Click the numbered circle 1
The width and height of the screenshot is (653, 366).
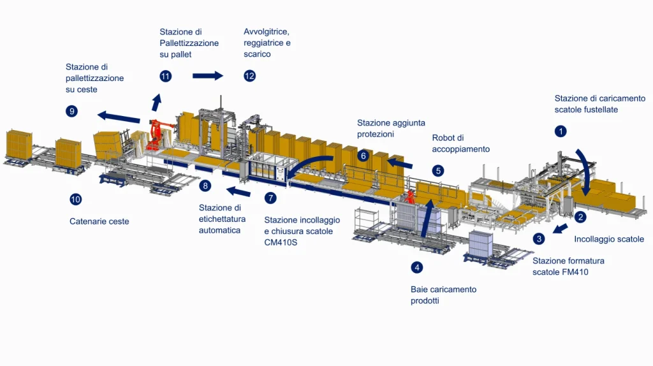(561, 132)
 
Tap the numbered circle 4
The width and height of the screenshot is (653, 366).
(416, 267)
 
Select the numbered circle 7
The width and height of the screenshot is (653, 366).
(270, 198)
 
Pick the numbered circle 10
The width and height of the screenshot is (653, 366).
(76, 200)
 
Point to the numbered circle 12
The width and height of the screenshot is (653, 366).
(249, 77)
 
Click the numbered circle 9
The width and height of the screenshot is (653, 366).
(71, 111)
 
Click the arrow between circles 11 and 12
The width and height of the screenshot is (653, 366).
(208, 76)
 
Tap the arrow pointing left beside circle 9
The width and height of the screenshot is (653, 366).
(119, 117)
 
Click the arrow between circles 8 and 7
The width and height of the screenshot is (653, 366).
(239, 191)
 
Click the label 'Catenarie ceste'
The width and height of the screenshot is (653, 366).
(99, 222)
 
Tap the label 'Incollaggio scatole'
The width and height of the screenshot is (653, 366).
(609, 240)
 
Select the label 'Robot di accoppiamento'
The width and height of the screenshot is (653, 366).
(460, 143)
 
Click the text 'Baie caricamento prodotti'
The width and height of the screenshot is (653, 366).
(443, 295)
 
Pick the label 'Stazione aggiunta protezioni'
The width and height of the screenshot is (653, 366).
(391, 128)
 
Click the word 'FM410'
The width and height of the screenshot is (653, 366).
(575, 272)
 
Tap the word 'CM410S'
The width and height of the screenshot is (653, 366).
(282, 242)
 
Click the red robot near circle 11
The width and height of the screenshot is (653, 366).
(154, 136)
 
